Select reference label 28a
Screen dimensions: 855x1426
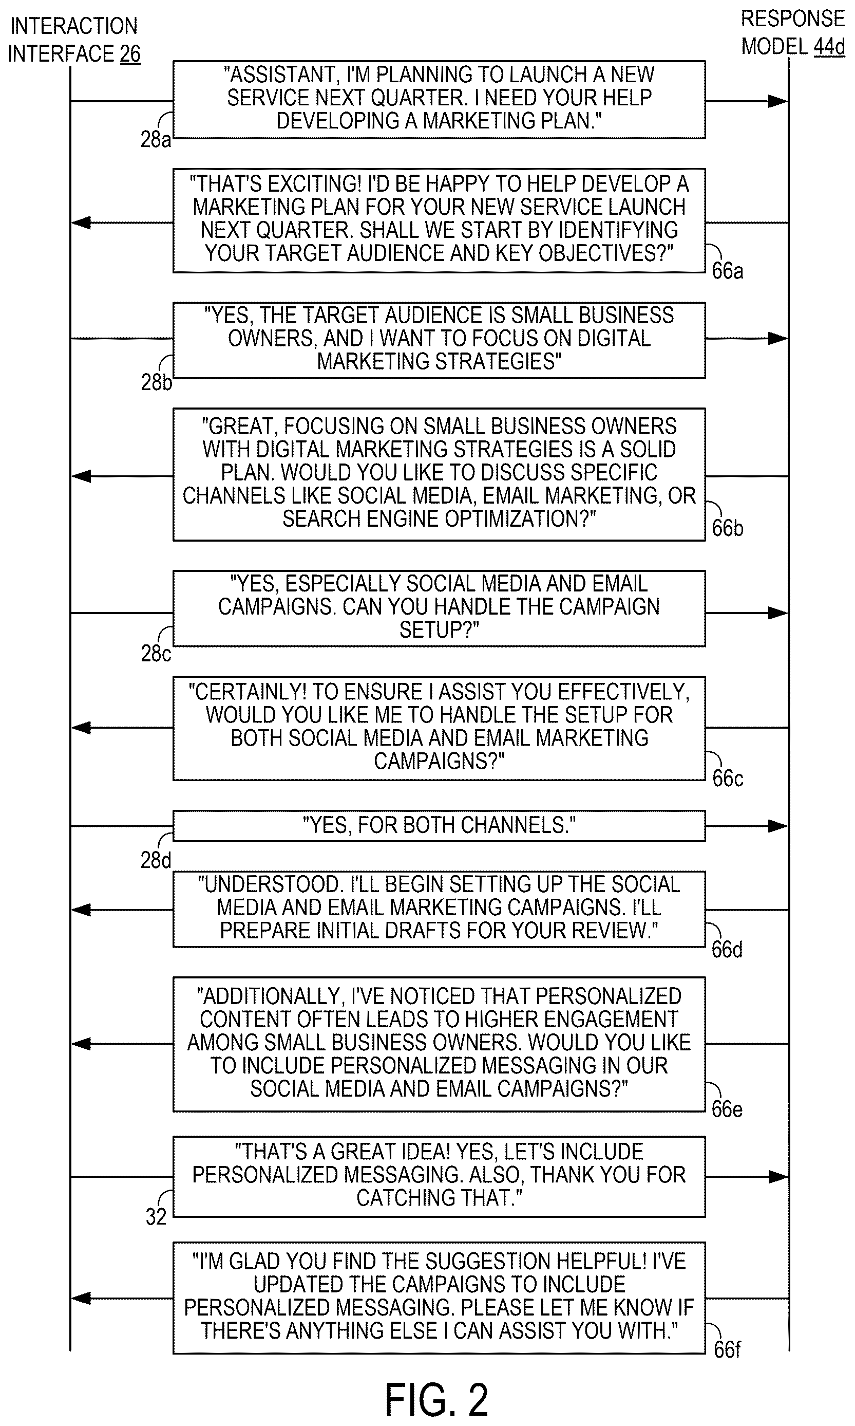(156, 140)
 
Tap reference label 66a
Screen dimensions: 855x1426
(728, 271)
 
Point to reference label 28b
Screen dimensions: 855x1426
(156, 383)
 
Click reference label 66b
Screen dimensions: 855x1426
(728, 528)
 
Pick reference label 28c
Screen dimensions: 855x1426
(156, 654)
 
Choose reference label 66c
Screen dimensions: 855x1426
(728, 779)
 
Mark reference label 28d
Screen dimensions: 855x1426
(156, 861)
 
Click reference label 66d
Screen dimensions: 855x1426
(727, 949)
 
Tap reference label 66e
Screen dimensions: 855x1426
(727, 1109)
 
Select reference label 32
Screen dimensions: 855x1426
(156, 1217)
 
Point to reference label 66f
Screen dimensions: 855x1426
(727, 1349)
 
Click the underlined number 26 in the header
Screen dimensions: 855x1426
(130, 53)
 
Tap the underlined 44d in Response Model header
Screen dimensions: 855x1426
(829, 46)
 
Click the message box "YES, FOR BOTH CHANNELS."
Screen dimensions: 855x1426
(439, 825)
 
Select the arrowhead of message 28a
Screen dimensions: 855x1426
(778, 101)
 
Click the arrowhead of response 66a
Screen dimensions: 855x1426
(81, 223)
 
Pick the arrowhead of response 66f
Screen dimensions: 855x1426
(81, 1298)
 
